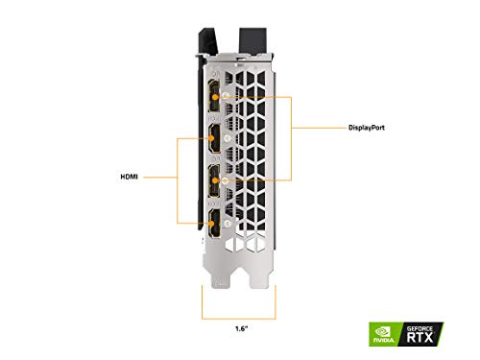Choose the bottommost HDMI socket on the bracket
coord(213,228)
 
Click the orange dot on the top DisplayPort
coord(225,95)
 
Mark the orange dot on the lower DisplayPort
coord(225,180)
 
